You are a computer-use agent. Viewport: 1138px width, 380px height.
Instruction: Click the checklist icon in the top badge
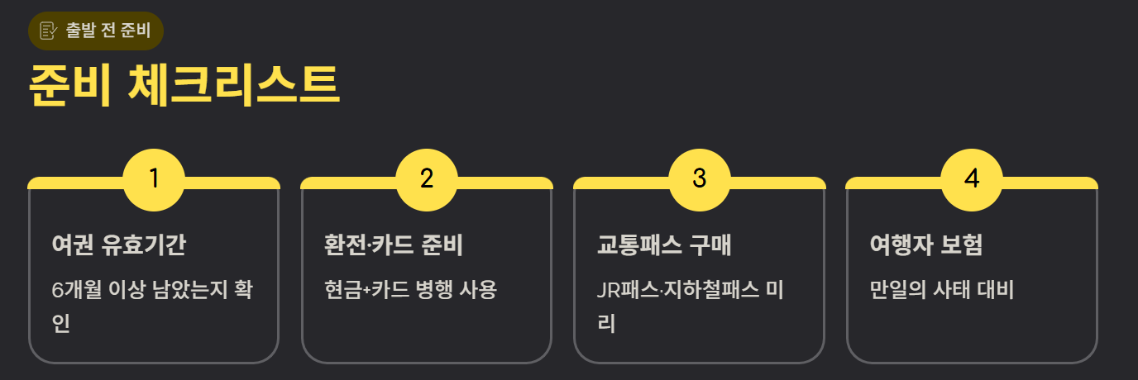(49, 31)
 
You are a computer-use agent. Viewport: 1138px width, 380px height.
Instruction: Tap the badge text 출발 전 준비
(108, 31)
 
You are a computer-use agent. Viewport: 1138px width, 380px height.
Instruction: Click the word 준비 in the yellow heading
(69, 84)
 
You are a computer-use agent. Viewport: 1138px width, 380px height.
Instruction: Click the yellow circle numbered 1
(154, 179)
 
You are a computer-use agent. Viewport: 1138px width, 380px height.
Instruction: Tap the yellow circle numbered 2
(427, 179)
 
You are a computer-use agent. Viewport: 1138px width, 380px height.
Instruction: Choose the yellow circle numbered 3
(700, 179)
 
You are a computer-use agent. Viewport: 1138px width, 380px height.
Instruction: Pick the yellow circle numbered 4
(972, 179)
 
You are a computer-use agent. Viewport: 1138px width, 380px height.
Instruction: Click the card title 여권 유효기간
(119, 245)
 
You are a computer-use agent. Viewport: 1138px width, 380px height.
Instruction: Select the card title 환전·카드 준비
(394, 245)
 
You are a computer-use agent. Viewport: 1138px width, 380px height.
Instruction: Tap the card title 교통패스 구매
(664, 245)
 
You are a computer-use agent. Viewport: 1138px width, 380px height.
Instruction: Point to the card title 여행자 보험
(926, 245)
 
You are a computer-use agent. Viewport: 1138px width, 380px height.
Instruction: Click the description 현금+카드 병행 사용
(410, 290)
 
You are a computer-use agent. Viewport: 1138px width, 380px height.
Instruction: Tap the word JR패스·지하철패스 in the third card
(677, 290)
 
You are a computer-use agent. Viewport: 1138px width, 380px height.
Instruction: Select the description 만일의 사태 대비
(942, 290)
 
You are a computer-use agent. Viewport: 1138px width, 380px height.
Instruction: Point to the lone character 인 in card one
(60, 323)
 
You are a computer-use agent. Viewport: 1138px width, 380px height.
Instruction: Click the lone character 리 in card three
(606, 323)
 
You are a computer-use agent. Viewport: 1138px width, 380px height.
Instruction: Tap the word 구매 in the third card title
(710, 245)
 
